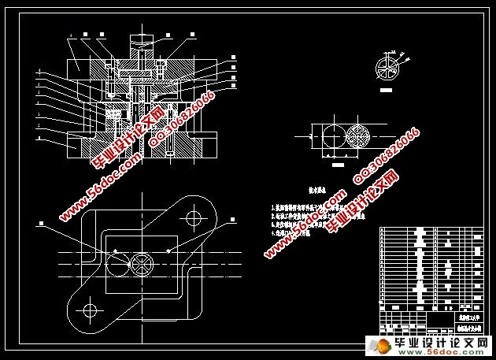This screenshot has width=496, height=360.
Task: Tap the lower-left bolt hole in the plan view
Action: [89, 310]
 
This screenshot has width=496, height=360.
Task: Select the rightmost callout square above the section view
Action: [192, 35]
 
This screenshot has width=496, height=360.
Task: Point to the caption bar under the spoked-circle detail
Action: [386, 91]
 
